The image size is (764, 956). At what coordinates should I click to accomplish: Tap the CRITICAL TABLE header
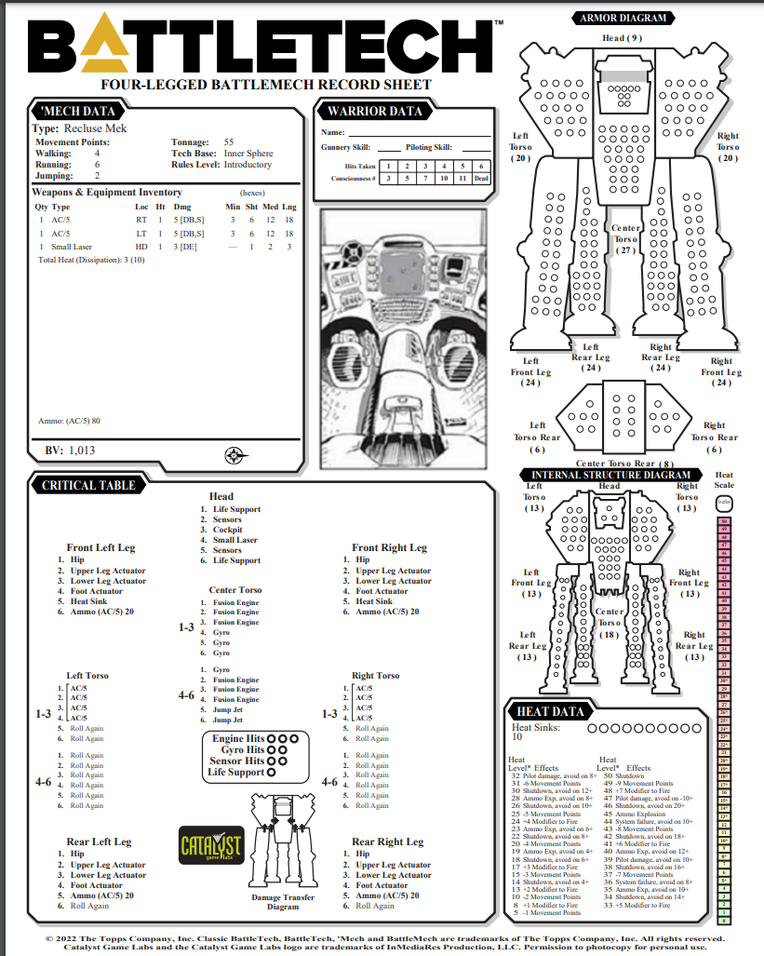pyautogui.click(x=88, y=485)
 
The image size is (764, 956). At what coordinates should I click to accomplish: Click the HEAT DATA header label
pyautogui.click(x=548, y=711)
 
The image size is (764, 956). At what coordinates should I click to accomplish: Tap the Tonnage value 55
pyautogui.click(x=229, y=141)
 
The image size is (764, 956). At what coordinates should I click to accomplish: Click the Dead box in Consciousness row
pyautogui.click(x=481, y=178)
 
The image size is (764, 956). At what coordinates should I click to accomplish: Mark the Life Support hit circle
pyautogui.click(x=272, y=772)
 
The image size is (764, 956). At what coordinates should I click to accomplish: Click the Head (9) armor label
pyautogui.click(x=622, y=38)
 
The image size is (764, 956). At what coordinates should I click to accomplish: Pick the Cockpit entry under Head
pyautogui.click(x=228, y=530)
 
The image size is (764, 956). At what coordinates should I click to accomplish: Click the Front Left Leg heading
pyautogui.click(x=101, y=547)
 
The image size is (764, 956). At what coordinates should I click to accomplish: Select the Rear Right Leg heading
pyautogui.click(x=389, y=842)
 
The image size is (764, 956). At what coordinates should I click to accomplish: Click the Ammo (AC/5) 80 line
pyautogui.click(x=69, y=421)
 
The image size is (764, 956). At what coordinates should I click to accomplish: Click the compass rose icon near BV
pyautogui.click(x=234, y=455)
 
